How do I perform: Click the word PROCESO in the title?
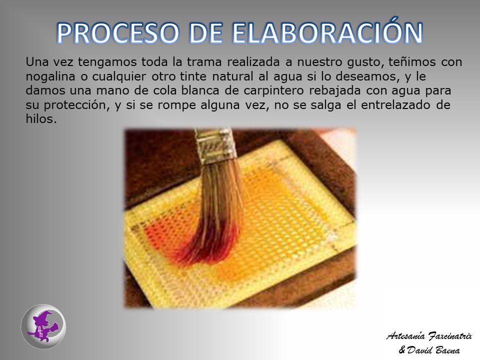(x=118, y=33)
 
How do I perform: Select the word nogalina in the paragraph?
(x=50, y=76)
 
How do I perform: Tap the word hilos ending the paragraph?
(x=41, y=119)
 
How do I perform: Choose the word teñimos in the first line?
(x=412, y=62)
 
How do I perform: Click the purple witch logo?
(x=43, y=326)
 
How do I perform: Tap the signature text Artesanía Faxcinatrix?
(x=429, y=336)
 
